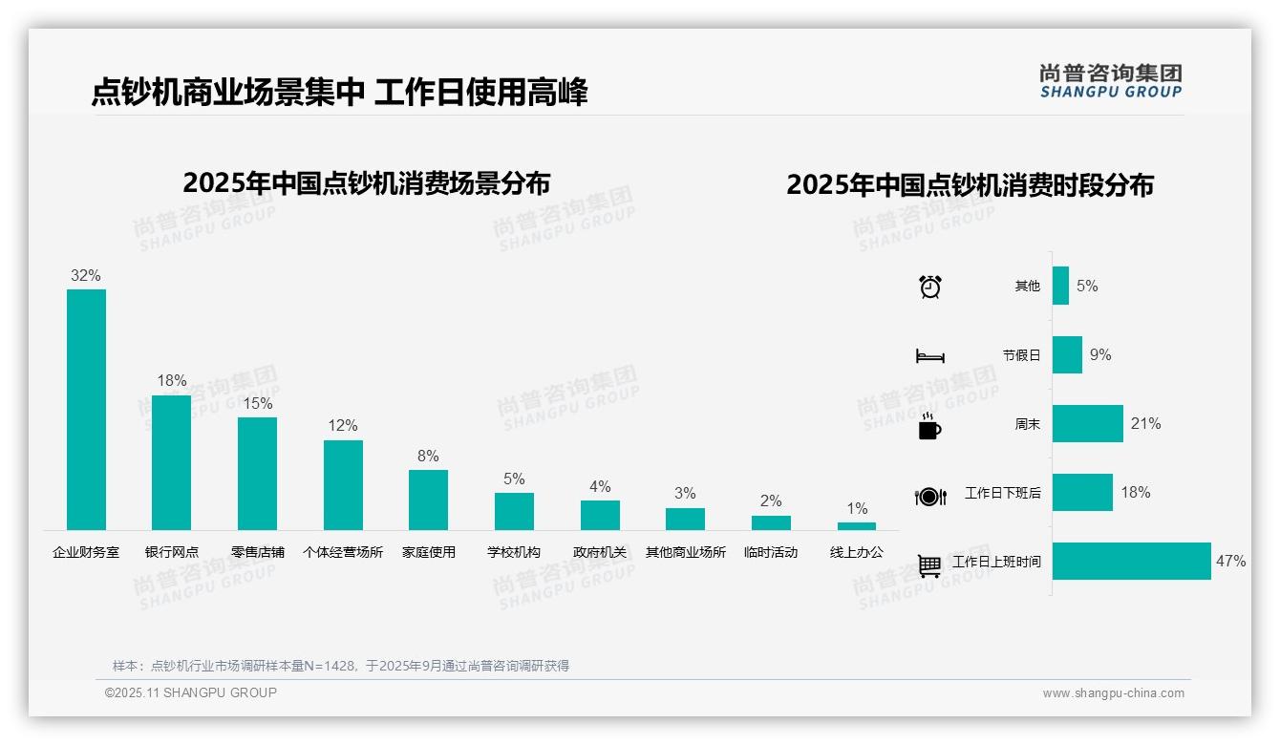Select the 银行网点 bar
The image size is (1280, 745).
coord(172,462)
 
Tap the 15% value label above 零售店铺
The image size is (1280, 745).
coord(257,403)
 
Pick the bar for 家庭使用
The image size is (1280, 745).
coord(428,500)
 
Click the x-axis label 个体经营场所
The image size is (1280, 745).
coord(343,552)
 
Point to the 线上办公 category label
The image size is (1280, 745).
coord(857,552)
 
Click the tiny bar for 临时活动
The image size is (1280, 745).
coord(771,522)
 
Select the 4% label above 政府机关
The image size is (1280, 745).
coord(600,486)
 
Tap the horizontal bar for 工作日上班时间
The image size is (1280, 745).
coord(1131,562)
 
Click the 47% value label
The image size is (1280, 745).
coord(1230,562)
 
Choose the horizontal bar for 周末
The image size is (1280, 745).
coord(1087,423)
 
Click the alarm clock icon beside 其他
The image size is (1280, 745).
coord(930,287)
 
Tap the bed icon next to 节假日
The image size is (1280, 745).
coord(930,356)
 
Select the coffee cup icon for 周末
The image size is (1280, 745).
coord(929,426)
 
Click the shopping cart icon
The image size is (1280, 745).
coord(929,565)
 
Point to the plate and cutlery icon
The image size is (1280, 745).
coord(930,496)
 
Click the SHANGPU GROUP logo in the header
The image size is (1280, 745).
coord(1110,81)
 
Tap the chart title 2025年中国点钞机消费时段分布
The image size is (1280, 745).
coord(970,184)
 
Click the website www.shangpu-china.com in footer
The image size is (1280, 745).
coord(1113,693)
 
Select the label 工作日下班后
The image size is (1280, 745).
coord(1002,493)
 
